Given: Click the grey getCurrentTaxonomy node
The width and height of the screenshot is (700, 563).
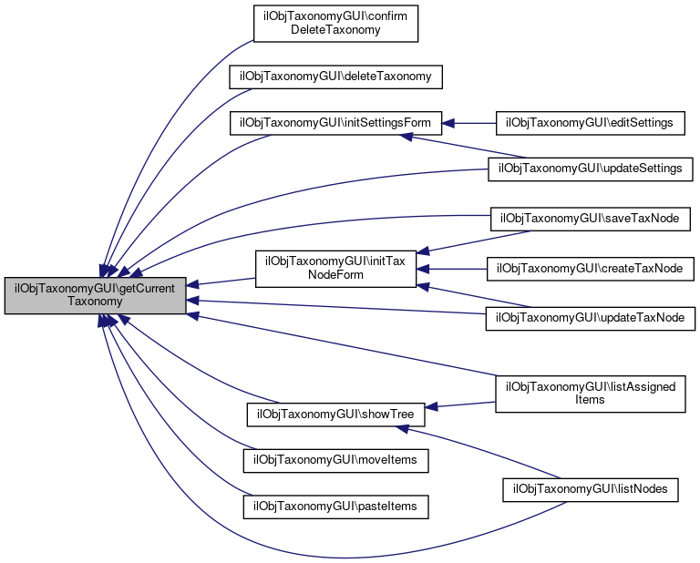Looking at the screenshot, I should pos(95,295).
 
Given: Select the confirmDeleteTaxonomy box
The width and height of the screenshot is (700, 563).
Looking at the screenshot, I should pos(335,23).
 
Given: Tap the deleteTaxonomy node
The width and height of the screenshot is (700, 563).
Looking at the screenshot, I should pos(335,77).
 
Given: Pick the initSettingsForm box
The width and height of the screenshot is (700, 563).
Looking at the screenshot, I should pos(335,122).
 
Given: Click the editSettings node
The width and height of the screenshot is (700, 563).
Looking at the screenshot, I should pos(589,122).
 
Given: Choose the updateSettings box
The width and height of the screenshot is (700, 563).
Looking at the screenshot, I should pos(591,169).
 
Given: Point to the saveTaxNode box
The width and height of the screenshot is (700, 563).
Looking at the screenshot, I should pos(591,219).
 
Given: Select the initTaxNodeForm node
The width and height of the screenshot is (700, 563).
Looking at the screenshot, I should pos(335,268).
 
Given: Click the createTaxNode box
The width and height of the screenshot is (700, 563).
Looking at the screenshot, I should pos(591,269).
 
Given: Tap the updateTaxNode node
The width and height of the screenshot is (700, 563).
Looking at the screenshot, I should pos(591,318).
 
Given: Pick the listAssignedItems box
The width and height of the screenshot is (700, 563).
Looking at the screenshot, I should pos(591,393).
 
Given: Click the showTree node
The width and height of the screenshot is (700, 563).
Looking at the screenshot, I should pos(335,415).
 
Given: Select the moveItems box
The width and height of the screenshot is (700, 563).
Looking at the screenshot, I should pos(335,461).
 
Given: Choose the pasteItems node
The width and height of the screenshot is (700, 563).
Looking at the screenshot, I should pos(335,505).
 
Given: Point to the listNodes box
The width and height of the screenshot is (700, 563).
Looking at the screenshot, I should pos(591,489).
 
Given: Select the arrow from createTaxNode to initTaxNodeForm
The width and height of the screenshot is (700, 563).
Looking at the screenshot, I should pos(456,269).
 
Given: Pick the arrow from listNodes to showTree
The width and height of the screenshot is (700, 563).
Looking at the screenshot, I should pos(483,452).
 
